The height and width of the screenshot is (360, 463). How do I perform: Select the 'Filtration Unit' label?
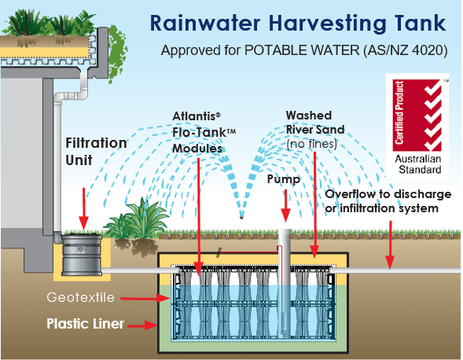click(96, 151)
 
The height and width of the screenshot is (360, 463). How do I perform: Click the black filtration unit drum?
click(82, 253)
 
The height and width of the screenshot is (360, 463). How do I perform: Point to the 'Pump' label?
click(284, 178)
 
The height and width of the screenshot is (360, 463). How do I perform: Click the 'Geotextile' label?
click(96, 297)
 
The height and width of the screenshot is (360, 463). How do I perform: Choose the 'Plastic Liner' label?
click(85, 323)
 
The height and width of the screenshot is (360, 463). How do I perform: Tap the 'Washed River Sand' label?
click(308, 129)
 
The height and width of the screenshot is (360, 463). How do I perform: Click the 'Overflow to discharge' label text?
click(388, 195)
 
